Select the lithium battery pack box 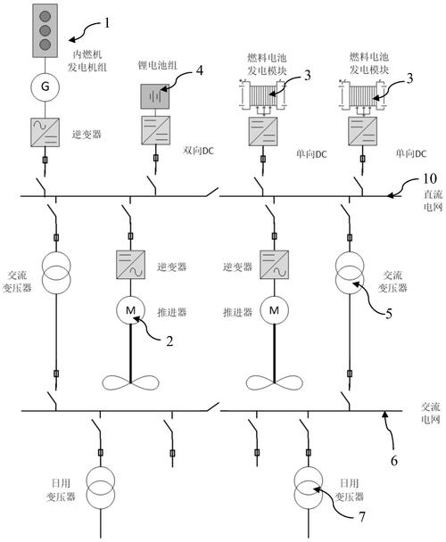click(155, 94)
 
